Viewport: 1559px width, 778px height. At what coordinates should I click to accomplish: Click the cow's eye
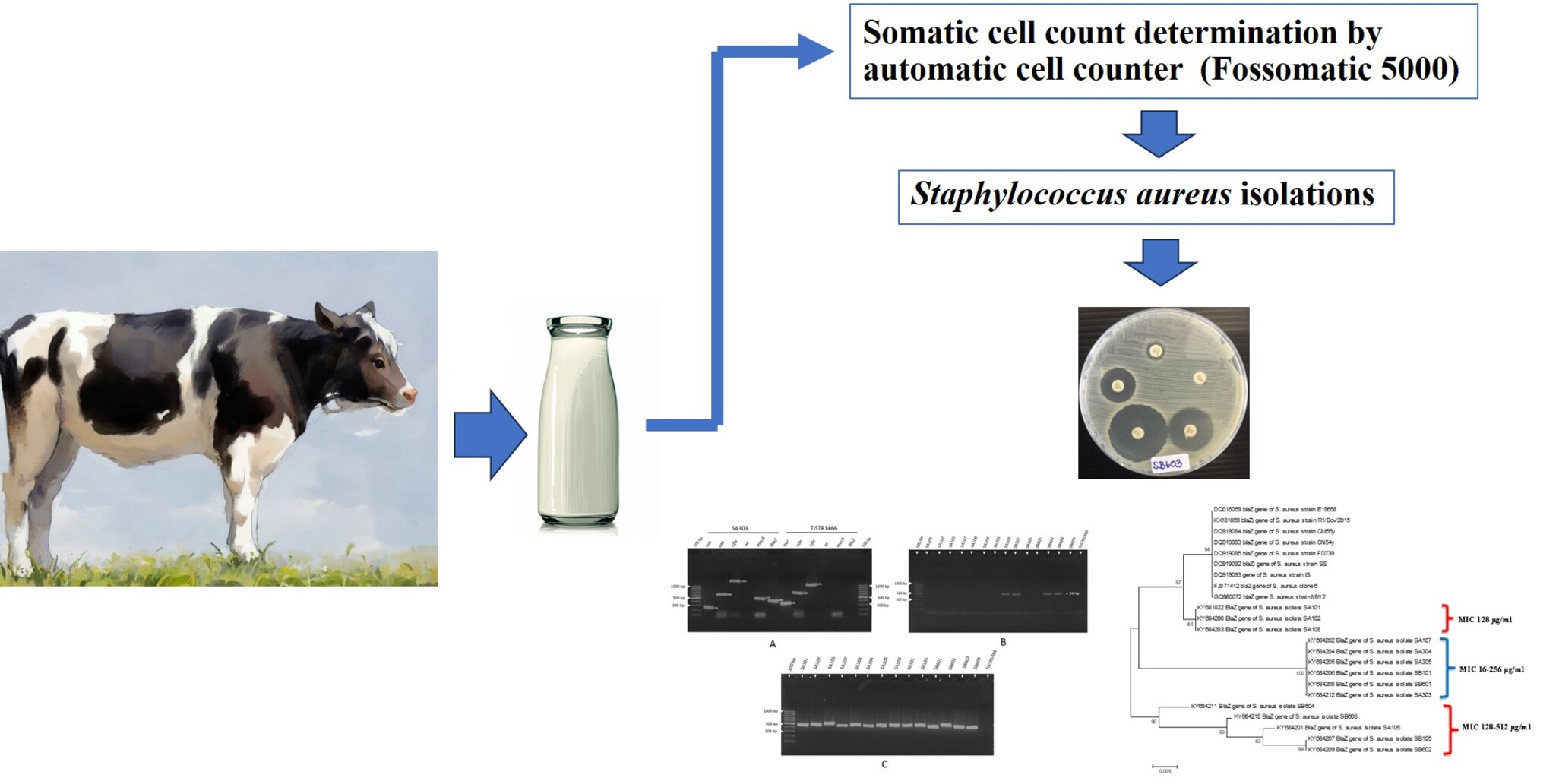click(378, 364)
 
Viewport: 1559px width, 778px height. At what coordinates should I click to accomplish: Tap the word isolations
click(1307, 195)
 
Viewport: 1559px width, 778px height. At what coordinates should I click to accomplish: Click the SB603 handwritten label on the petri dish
click(1167, 463)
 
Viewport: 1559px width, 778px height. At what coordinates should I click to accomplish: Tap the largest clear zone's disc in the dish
click(1137, 433)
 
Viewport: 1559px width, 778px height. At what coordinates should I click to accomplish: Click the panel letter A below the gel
click(773, 644)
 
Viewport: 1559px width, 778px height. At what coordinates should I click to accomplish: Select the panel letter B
click(1003, 642)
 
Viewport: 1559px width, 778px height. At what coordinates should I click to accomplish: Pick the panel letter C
click(884, 764)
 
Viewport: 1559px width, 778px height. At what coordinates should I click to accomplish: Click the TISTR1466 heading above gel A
click(823, 528)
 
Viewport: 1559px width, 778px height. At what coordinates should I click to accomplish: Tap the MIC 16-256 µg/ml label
click(1491, 669)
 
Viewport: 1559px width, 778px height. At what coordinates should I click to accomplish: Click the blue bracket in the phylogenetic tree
click(1445, 668)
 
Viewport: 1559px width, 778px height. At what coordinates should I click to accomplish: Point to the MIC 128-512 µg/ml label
click(1496, 727)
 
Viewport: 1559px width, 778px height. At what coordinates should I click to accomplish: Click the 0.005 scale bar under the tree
click(1165, 767)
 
